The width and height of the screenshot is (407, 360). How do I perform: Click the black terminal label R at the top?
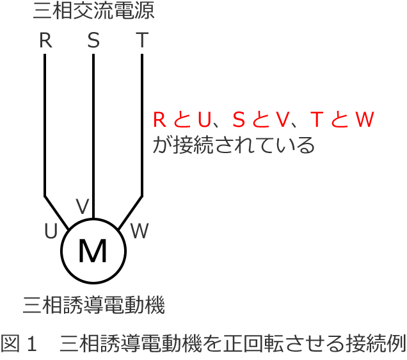(x=45, y=41)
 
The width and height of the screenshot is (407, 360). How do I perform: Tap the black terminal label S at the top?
(x=93, y=41)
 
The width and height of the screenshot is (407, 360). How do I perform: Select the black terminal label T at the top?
(x=141, y=41)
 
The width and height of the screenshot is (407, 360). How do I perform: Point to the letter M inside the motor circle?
(x=93, y=252)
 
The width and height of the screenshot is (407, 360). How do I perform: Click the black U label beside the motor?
(x=51, y=231)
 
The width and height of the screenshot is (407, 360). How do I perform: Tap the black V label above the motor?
(x=83, y=207)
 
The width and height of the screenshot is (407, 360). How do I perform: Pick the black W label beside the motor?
(x=139, y=231)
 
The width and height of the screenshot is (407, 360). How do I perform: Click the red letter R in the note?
(x=159, y=120)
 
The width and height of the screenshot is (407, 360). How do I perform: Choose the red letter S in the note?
(x=238, y=120)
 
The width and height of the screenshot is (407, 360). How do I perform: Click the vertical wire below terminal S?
(x=93, y=128)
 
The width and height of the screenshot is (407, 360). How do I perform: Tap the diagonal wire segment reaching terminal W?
(x=130, y=212)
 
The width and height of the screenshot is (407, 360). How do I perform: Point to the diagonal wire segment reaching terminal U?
(x=56, y=212)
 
